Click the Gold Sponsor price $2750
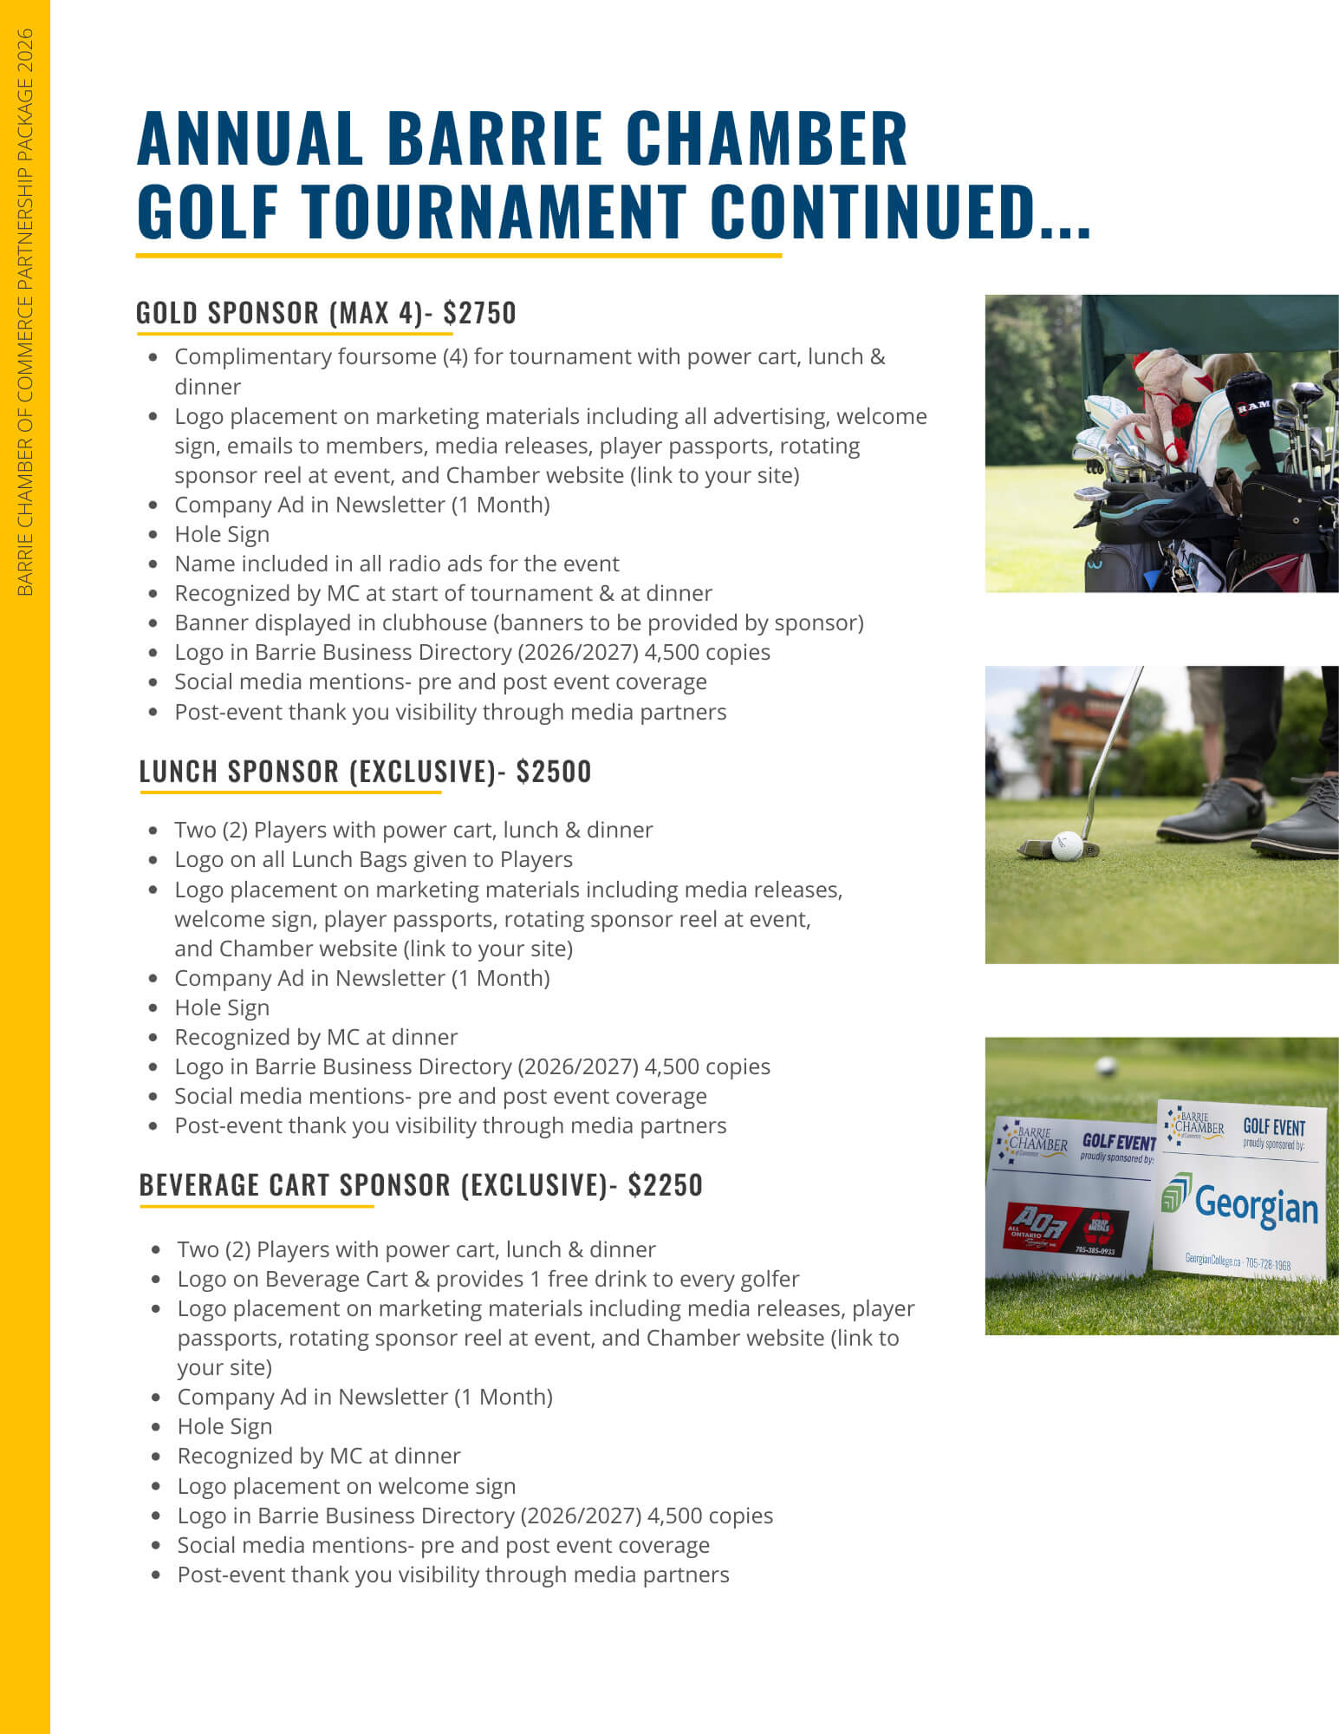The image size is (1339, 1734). coord(479,313)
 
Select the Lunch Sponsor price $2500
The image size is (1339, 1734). coord(553,772)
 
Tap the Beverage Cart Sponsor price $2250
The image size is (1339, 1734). coord(665,1185)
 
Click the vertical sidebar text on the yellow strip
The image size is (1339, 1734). coord(25,312)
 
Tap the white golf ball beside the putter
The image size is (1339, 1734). coord(1066,845)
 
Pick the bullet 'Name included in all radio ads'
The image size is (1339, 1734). coord(397,564)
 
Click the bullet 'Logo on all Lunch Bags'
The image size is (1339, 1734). coord(374,859)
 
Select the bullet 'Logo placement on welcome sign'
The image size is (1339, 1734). coord(346,1486)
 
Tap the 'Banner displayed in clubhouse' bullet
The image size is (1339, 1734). coord(518,623)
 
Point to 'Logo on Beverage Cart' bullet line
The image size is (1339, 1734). coord(488,1279)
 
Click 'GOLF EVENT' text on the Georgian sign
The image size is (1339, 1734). coord(1273,1126)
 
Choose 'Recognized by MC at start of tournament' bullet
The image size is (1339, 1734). coord(443,593)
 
